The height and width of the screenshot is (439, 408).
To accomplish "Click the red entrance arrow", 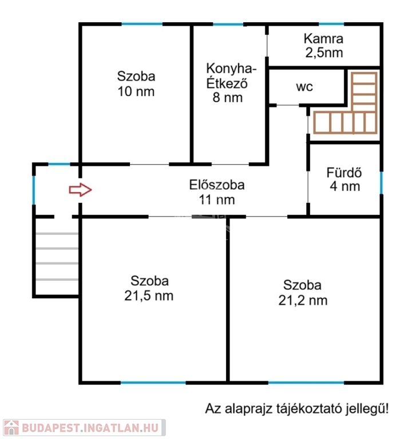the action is (81, 190).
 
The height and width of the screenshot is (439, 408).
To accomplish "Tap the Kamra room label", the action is (324, 46).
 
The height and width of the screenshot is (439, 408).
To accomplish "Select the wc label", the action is (304, 87).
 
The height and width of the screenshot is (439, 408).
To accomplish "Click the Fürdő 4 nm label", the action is (344, 179).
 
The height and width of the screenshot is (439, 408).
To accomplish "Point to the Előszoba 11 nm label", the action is (217, 192).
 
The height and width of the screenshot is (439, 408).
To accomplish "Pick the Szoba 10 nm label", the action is (136, 84).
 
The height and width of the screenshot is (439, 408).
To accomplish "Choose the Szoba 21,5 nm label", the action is (149, 288).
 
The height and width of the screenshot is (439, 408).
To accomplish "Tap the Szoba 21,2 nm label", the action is (303, 293).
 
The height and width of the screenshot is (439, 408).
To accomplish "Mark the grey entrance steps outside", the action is (57, 256).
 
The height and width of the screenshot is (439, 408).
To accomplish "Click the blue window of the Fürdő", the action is (381, 182).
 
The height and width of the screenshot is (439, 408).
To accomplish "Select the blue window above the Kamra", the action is (331, 24).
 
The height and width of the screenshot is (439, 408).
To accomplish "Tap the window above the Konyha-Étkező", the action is (228, 25).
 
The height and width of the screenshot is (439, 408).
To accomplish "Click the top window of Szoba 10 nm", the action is (142, 24).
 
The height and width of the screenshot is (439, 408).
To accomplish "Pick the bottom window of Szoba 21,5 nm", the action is (153, 382).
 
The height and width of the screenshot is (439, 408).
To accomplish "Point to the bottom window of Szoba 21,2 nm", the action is (306, 382).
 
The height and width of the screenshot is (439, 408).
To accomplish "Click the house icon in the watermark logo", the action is (11, 428).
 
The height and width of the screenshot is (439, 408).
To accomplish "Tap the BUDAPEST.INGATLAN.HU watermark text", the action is (90, 428).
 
